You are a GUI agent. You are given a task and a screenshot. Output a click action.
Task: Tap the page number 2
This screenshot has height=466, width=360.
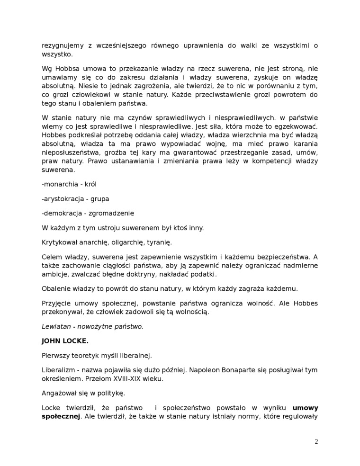[316, 442]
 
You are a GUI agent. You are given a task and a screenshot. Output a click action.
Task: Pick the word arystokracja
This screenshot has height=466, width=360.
[63, 198]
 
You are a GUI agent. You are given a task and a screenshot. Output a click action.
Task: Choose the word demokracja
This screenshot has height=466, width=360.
[62, 213]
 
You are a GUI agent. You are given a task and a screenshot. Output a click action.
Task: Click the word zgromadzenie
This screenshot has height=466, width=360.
[112, 213]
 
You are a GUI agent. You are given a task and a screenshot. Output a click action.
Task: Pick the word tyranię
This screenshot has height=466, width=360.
[159, 242]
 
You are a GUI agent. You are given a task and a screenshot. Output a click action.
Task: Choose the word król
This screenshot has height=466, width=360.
[90, 184]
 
